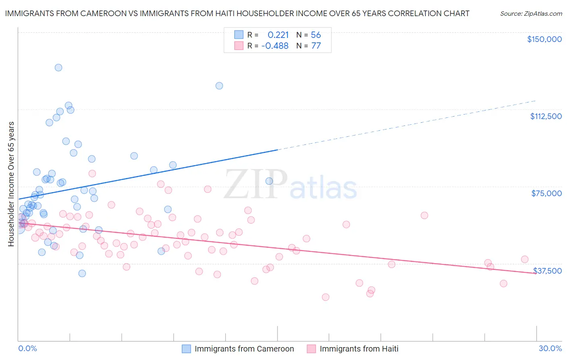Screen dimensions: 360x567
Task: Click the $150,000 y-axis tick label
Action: [x=544, y=39]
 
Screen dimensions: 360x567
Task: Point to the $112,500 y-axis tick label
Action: [x=546, y=116]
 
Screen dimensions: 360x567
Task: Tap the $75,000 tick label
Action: [x=546, y=193]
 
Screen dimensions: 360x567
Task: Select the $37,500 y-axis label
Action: [x=547, y=271]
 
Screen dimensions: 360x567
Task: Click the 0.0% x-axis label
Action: [x=27, y=348]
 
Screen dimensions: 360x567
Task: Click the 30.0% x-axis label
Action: [x=550, y=348]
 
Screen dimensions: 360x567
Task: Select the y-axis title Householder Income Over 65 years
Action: [x=11, y=184]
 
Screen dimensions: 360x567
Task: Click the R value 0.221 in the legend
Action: [x=278, y=35]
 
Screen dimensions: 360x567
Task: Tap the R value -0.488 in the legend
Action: [x=275, y=46]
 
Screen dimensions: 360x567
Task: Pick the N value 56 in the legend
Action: [x=315, y=35]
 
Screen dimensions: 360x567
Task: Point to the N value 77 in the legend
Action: [x=316, y=46]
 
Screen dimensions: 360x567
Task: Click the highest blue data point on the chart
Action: [x=58, y=68]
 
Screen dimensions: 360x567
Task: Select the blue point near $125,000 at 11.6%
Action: [x=219, y=86]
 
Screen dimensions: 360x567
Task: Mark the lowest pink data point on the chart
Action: [x=325, y=297]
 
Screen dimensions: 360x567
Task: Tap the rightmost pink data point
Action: [x=525, y=260]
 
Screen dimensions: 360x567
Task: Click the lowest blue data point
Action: [x=82, y=273]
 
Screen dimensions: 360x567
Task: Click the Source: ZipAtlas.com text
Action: [x=531, y=14]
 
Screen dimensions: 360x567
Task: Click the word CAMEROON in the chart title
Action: [x=104, y=13]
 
